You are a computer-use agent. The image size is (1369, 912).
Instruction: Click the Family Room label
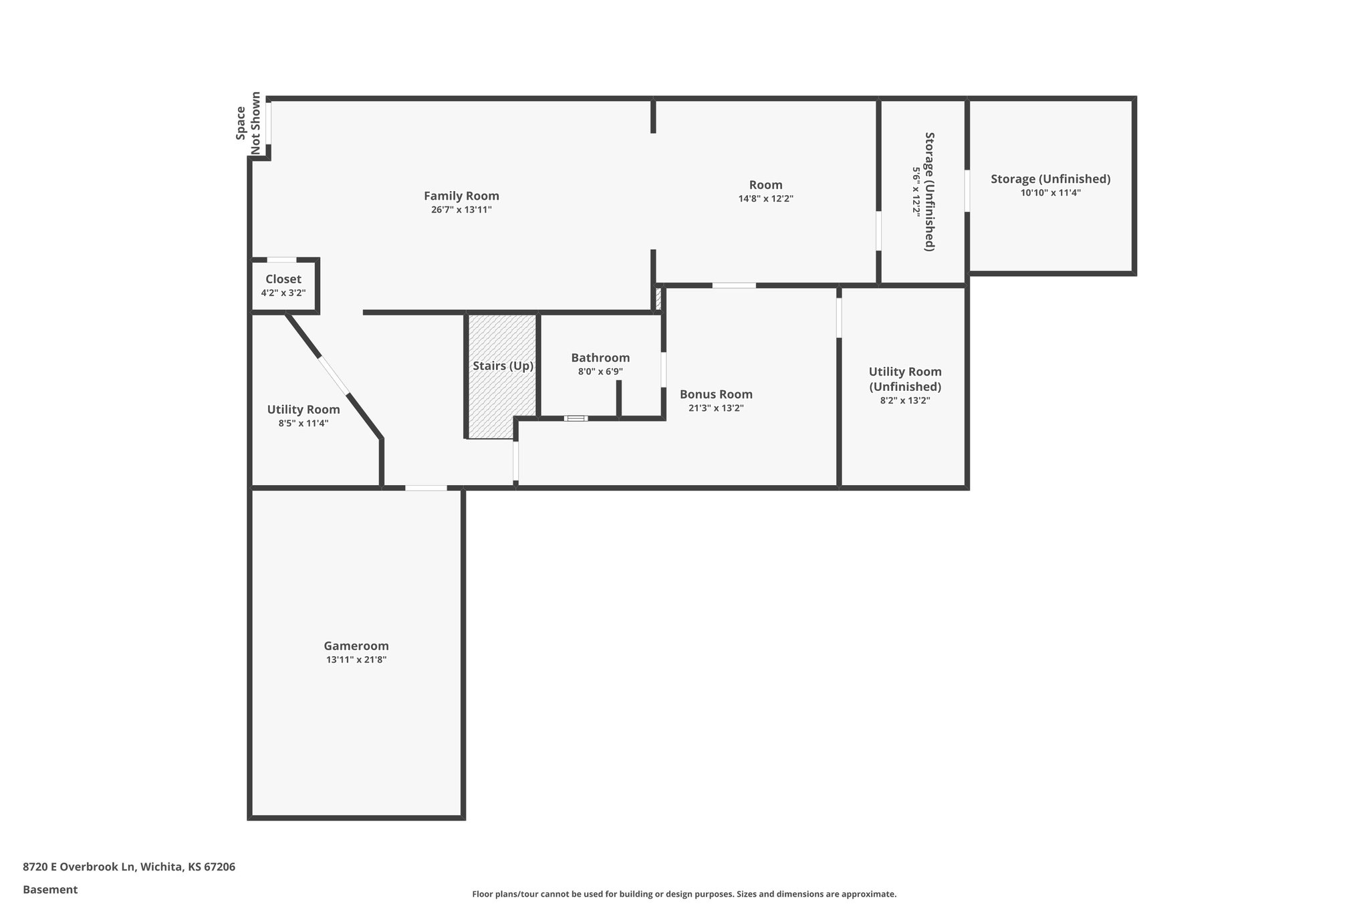(x=461, y=196)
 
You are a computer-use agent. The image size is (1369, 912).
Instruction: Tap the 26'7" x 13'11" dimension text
(x=461, y=210)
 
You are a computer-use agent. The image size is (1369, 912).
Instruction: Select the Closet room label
(x=283, y=279)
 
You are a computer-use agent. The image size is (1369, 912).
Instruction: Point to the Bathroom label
(x=600, y=358)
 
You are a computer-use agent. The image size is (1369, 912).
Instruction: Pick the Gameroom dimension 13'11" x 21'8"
(x=356, y=660)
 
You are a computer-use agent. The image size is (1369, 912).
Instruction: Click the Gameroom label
(x=356, y=646)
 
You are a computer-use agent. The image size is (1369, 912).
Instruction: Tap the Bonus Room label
(x=716, y=394)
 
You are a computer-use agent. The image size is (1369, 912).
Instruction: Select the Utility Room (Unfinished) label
(x=905, y=379)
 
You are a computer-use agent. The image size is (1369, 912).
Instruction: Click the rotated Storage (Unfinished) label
(x=929, y=191)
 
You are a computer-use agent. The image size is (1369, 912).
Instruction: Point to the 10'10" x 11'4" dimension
(x=1050, y=193)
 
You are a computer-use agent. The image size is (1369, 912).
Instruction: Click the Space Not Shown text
(x=248, y=124)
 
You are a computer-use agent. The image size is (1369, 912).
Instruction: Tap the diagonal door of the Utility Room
(x=333, y=375)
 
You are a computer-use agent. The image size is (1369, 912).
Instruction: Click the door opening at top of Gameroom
(x=426, y=488)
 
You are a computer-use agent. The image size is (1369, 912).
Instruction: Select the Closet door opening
(x=281, y=260)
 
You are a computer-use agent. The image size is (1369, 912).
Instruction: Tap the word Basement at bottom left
(x=50, y=890)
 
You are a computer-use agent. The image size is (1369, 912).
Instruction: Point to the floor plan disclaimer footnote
(x=684, y=894)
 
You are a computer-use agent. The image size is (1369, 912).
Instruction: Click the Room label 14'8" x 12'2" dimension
(x=765, y=199)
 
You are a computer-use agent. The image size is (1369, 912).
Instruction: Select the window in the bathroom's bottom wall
(x=576, y=418)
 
